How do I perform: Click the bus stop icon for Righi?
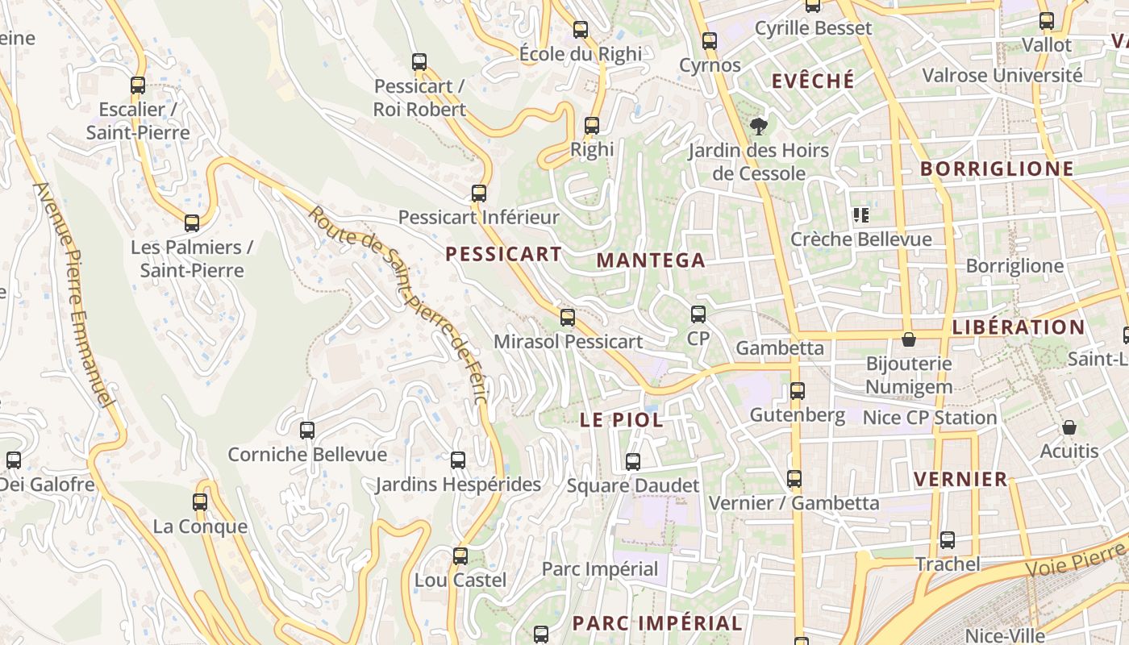point(592,126)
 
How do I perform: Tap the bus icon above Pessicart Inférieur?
point(479,193)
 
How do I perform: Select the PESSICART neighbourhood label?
point(503,254)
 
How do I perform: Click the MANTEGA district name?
point(651,260)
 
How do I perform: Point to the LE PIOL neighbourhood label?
point(622,420)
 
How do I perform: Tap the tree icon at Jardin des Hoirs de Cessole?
point(758,126)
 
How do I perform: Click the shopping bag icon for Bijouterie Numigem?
point(909,339)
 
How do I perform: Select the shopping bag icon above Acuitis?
point(1069,427)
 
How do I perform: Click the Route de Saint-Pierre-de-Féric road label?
point(398,306)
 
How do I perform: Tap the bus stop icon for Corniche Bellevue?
point(307,431)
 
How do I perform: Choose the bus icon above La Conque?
point(200,502)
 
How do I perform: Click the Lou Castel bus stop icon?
point(460,556)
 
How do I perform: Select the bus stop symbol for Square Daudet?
point(633,462)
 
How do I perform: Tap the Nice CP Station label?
point(930,418)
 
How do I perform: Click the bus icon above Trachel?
point(948,540)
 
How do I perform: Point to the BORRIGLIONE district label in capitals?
point(997,169)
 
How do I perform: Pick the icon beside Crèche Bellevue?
point(861,215)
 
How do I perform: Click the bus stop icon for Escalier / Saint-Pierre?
point(138,85)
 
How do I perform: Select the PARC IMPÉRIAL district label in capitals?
point(657,623)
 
